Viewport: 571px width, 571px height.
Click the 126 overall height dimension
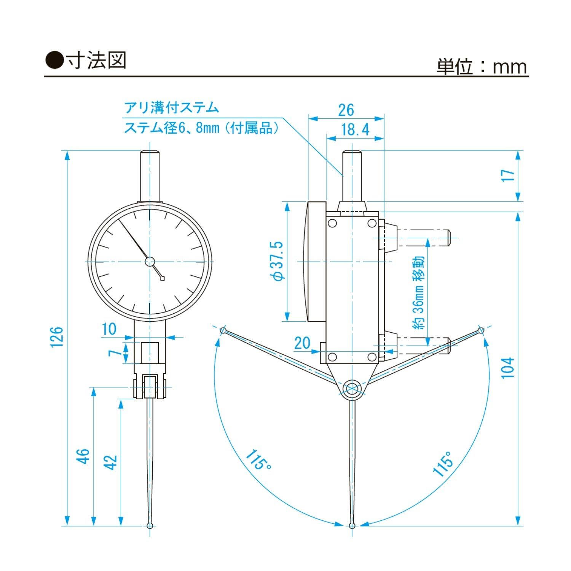(x=56, y=337)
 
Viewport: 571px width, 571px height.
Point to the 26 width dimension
(x=346, y=110)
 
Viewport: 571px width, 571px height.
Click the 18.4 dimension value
(x=355, y=129)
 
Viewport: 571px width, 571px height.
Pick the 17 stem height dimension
(x=508, y=175)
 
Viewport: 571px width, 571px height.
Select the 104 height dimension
(x=508, y=368)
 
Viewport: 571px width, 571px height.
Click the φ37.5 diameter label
(x=278, y=261)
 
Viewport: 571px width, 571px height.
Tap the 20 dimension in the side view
(x=302, y=343)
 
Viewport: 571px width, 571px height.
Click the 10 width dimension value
(x=109, y=329)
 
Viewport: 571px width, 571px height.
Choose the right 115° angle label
(x=444, y=464)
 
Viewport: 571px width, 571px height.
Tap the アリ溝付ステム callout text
(x=172, y=108)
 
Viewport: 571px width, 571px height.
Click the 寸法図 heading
(x=96, y=61)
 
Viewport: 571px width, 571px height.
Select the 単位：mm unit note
(x=482, y=67)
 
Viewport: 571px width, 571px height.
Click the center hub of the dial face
(x=150, y=261)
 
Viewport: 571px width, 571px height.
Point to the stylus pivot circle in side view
(x=352, y=388)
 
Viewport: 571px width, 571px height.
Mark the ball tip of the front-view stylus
(x=150, y=526)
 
